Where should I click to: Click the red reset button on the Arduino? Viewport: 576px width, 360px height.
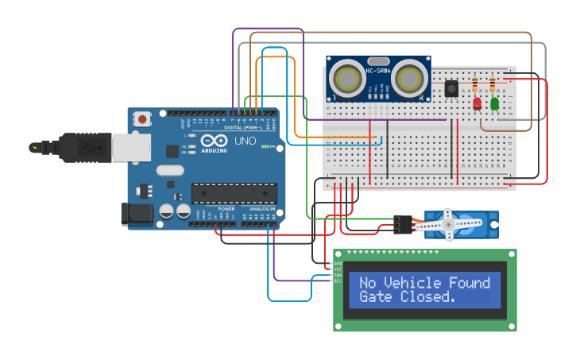[142, 119]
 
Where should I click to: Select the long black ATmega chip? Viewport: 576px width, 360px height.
[234, 193]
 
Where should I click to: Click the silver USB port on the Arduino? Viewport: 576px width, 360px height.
[130, 147]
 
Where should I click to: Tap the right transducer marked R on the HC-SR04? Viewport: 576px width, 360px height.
[409, 79]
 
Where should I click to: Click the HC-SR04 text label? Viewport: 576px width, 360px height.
[379, 72]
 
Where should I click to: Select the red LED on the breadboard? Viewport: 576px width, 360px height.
[477, 103]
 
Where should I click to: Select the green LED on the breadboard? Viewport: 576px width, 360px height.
[494, 103]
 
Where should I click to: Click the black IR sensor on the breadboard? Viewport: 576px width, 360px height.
[451, 88]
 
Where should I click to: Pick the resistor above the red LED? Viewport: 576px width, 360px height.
[475, 84]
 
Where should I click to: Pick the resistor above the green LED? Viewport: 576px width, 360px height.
[493, 84]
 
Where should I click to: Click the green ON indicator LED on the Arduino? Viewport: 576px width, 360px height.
[265, 147]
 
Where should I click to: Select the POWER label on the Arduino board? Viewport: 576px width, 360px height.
[226, 209]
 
